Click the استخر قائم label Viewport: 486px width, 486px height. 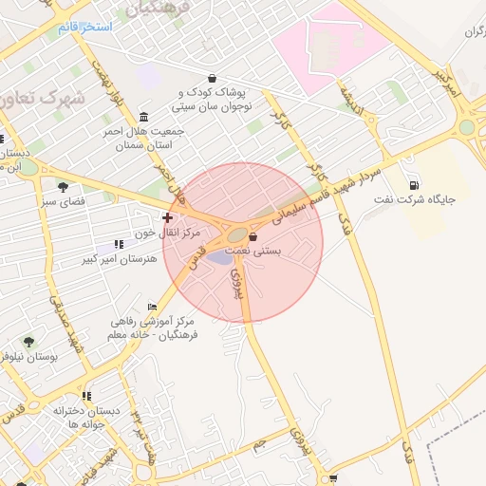coord(84,27)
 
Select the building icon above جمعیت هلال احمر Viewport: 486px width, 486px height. coord(143,117)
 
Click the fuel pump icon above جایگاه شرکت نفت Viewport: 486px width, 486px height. coord(414,185)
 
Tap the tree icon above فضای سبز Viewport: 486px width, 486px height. coord(63,187)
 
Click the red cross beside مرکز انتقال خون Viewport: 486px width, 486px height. coord(168,217)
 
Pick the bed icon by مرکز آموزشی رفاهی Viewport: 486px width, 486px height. coord(152,308)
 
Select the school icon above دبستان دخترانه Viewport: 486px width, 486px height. coord(86,396)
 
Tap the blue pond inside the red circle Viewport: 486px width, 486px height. coord(220,257)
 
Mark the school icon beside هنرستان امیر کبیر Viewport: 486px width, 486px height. coord(119,244)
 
